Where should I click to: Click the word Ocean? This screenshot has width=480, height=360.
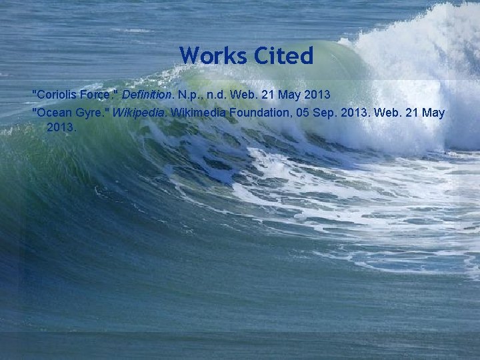[x=55, y=113]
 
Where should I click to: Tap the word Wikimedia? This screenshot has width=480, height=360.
[x=197, y=113]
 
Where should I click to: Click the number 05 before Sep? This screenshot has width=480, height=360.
[x=304, y=113]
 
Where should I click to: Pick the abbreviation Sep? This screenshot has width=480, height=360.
[x=327, y=113]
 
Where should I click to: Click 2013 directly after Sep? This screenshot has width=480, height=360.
[x=355, y=113]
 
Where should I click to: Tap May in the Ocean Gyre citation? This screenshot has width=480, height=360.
[x=432, y=113]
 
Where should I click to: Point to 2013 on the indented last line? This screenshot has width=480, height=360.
[x=61, y=126]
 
